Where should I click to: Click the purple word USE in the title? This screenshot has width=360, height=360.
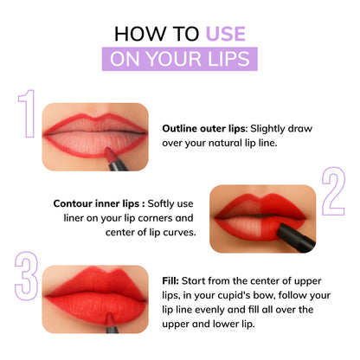[225, 34]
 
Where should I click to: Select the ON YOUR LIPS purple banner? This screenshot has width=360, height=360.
[179, 58]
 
